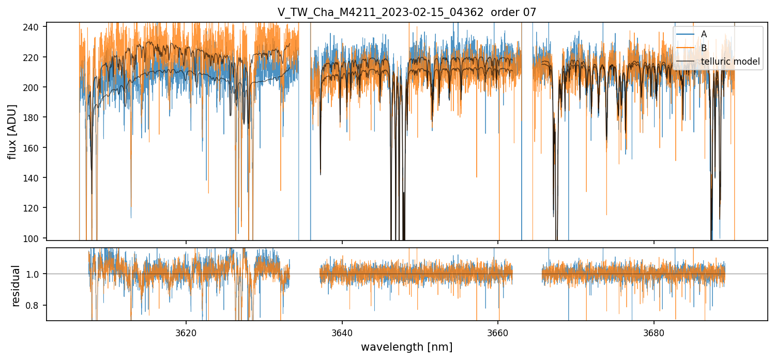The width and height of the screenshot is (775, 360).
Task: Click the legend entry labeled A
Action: pos(704,34)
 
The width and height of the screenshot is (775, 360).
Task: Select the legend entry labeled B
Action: pos(704,48)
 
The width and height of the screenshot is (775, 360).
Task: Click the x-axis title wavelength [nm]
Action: pos(407,347)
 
